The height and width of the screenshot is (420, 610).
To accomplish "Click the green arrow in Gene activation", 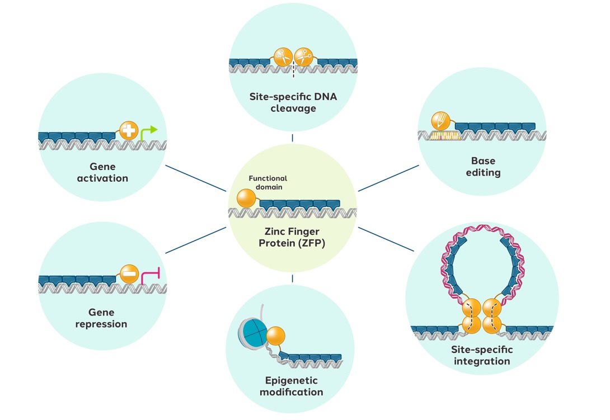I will click(x=148, y=133).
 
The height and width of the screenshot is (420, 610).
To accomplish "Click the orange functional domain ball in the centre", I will click(x=246, y=199).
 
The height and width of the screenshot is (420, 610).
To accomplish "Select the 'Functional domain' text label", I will click(x=268, y=183).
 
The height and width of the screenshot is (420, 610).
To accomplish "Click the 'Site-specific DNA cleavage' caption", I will click(x=293, y=102).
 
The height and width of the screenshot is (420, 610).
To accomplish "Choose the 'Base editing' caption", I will click(x=483, y=167).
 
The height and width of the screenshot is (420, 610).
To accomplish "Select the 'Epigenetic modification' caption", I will click(x=291, y=386).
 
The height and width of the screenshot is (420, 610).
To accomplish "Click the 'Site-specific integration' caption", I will click(x=482, y=355).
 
